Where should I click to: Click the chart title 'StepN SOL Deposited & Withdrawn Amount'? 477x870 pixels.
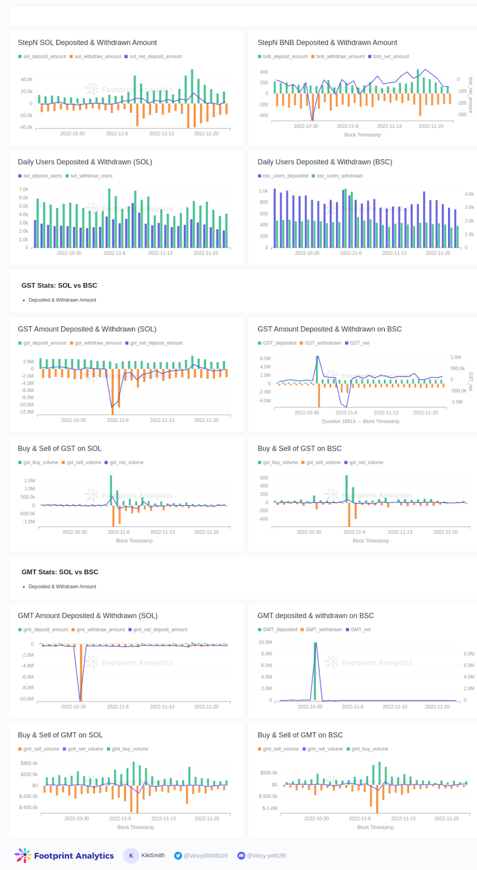[87, 42]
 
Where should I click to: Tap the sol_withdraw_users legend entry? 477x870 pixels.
[91, 176]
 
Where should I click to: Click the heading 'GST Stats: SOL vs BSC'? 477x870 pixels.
[59, 285]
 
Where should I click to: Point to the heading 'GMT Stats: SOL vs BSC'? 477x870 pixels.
[60, 572]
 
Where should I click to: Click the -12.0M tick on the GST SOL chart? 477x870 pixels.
[26, 412]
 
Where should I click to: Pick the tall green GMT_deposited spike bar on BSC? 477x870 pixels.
[315, 671]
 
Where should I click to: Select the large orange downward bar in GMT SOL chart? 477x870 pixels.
[81, 672]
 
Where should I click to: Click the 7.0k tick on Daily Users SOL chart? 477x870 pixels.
[23, 189]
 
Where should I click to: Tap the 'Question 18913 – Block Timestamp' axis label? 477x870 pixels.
[360, 421]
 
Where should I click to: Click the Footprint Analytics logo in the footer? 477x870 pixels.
[64, 855]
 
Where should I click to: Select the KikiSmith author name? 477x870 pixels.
[153, 855]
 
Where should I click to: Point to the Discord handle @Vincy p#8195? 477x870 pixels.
[266, 855]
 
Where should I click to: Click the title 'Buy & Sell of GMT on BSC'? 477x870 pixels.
[300, 735]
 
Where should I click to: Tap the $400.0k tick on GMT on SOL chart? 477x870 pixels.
[29, 763]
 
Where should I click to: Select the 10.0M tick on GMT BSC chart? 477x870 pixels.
[265, 642]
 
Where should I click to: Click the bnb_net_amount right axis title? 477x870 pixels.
[470, 95]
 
